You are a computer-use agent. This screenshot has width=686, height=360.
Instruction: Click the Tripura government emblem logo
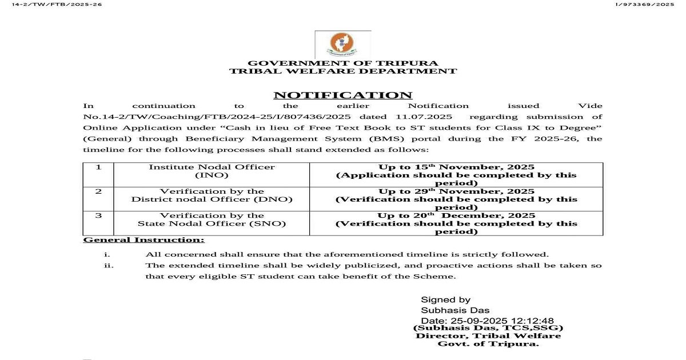(x=342, y=43)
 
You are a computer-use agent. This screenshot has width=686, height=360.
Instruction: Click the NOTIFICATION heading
(x=342, y=95)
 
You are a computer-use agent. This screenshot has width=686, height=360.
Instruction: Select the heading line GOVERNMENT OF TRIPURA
(x=343, y=63)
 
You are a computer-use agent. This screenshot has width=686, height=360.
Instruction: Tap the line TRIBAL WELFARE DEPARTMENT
(x=343, y=71)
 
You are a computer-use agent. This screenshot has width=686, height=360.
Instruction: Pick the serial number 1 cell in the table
(x=98, y=167)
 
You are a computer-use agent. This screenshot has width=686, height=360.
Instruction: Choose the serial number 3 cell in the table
(x=98, y=215)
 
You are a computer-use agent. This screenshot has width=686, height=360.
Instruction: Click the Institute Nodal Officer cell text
(x=212, y=167)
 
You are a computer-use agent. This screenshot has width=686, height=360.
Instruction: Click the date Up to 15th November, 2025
(x=456, y=167)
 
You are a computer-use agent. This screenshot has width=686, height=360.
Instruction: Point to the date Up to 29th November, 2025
(x=456, y=191)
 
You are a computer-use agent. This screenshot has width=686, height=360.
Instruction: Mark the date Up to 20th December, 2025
(x=456, y=215)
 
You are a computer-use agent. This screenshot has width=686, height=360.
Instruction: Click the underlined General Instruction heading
(x=143, y=240)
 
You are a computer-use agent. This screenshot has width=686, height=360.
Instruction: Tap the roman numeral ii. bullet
(x=109, y=266)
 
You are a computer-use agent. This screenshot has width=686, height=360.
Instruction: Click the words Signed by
(x=445, y=299)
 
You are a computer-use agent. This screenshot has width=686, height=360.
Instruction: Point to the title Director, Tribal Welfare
(x=488, y=336)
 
